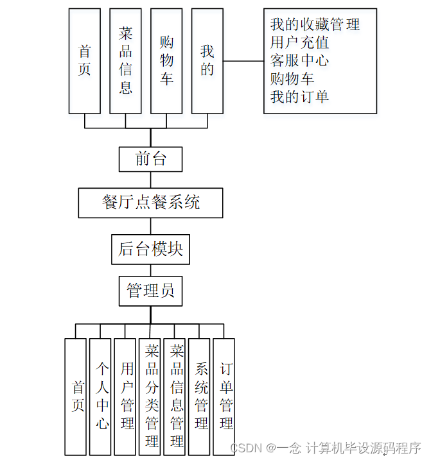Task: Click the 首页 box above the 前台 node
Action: tap(85, 61)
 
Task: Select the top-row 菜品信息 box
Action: tap(125, 61)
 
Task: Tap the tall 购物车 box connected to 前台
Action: tap(166, 61)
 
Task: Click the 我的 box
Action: tap(207, 61)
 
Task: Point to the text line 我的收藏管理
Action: tap(315, 25)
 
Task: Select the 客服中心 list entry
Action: tap(299, 61)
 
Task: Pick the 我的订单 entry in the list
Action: tap(299, 97)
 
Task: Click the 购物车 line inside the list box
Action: tap(292, 79)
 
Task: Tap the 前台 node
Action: tap(151, 159)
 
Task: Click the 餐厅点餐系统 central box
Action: tap(151, 203)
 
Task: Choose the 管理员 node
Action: tap(151, 291)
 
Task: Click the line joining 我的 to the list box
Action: tap(243, 61)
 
